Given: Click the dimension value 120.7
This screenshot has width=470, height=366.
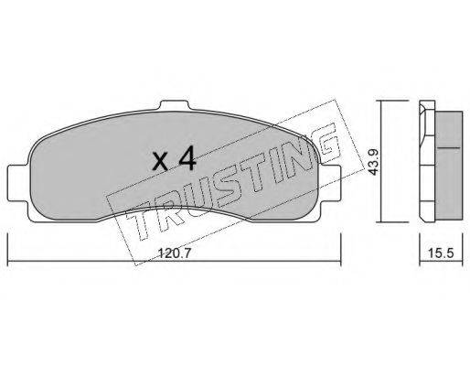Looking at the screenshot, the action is pyautogui.click(x=174, y=253).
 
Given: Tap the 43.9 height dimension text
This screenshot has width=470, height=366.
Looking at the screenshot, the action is pyautogui.click(x=373, y=162).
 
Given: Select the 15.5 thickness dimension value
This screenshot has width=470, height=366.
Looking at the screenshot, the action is pyautogui.click(x=441, y=253).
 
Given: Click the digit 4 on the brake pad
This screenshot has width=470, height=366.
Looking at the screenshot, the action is pyautogui.click(x=187, y=160).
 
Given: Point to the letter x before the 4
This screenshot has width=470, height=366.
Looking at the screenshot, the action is pyautogui.click(x=160, y=162).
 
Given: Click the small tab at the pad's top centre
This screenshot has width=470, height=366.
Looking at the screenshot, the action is pyautogui.click(x=175, y=105).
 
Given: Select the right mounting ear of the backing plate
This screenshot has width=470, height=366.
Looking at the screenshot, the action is pyautogui.click(x=330, y=183).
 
